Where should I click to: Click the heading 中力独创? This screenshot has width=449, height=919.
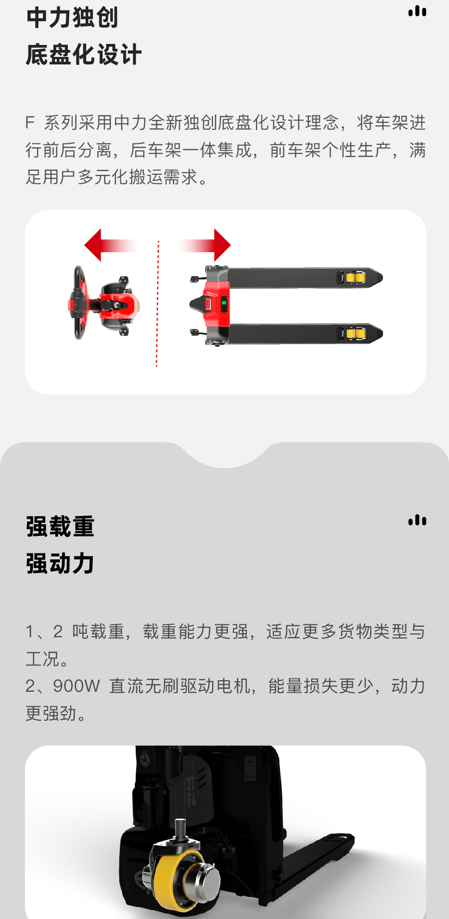[72, 18]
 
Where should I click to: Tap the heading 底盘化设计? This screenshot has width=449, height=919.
[84, 55]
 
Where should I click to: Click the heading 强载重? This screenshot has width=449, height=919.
[60, 527]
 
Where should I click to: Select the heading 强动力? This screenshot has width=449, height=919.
[60, 564]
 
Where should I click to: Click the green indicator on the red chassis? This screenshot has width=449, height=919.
[224, 302]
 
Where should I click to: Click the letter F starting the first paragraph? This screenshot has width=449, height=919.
[30, 123]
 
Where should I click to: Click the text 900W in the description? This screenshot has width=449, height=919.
[76, 686]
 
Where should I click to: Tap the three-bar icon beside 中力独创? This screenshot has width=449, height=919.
[417, 11]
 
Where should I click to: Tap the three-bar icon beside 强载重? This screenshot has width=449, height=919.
[417, 520]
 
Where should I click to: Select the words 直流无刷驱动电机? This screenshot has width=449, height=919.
[180, 686]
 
